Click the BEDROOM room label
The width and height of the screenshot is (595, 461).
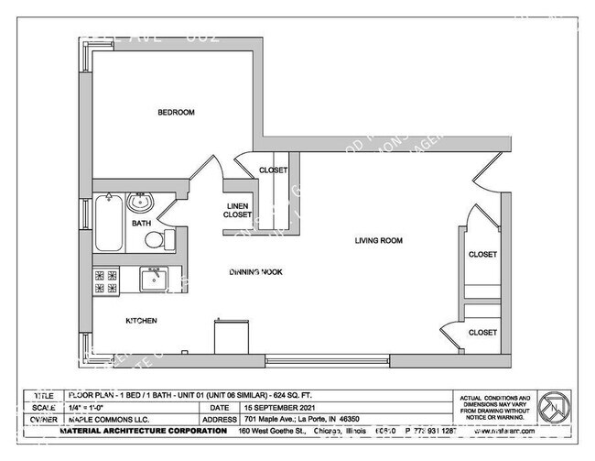[176, 113]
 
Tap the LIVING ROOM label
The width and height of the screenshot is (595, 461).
[379, 241]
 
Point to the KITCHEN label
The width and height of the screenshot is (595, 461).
[141, 321]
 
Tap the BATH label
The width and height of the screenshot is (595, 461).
[141, 223]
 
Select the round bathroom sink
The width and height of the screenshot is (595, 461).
[141, 203]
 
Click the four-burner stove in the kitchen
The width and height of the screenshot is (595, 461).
[106, 280]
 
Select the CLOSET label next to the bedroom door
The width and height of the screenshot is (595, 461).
[273, 170]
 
